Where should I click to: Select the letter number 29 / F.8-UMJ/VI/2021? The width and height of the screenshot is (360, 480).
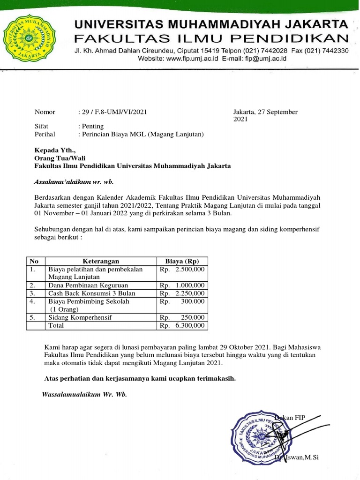click(114, 112)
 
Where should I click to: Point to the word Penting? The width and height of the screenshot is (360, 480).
click(92, 127)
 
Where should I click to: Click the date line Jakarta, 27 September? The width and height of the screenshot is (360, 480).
click(265, 112)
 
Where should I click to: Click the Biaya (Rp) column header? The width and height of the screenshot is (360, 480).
click(182, 261)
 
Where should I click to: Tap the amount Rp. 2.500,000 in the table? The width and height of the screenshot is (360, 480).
click(182, 270)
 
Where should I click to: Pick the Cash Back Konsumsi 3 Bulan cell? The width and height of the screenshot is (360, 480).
click(91, 293)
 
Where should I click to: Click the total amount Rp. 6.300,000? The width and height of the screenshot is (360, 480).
click(182, 325)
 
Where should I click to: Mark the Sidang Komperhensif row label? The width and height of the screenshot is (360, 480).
click(80, 317)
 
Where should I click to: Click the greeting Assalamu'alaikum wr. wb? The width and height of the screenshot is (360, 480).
click(74, 182)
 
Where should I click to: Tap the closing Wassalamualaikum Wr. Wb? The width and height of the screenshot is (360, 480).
click(84, 394)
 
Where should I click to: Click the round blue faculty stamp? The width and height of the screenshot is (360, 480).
click(259, 436)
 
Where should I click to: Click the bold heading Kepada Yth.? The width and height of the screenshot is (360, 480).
click(54, 150)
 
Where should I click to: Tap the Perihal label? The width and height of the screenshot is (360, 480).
click(45, 135)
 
